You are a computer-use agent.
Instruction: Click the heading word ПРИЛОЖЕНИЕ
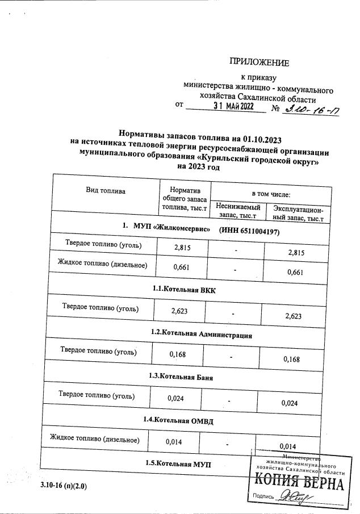click(x=259, y=62)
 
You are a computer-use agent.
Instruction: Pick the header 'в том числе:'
click(x=267, y=194)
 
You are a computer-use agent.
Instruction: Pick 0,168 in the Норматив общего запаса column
click(x=178, y=356)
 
